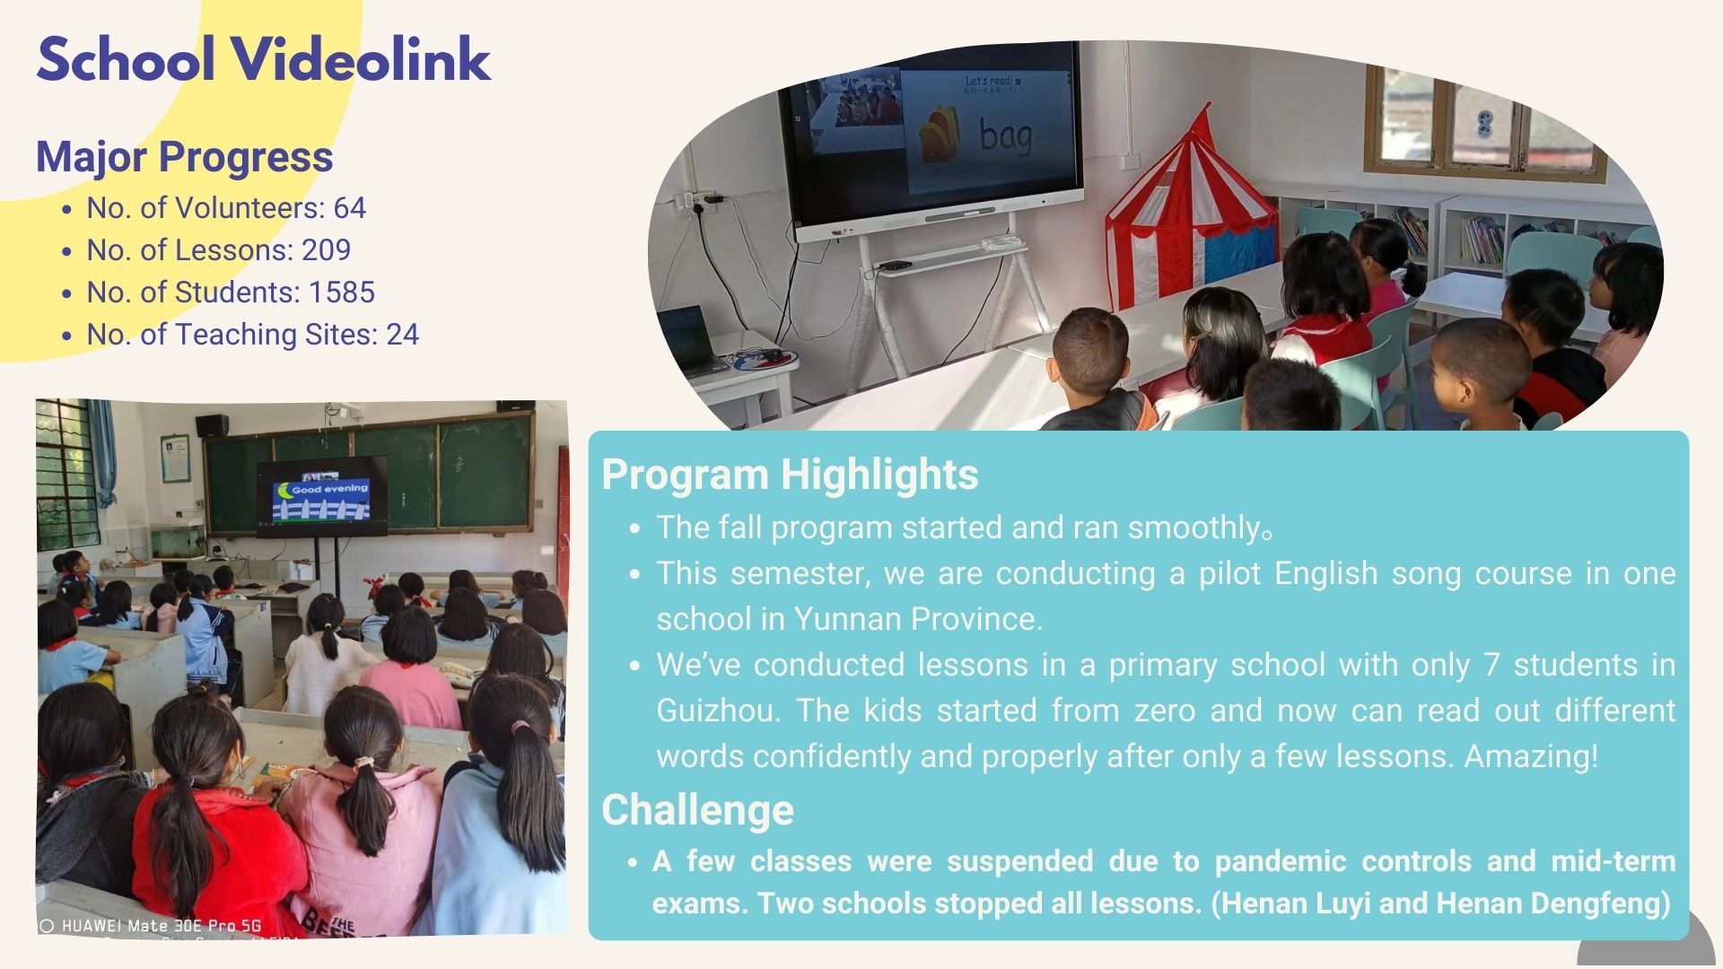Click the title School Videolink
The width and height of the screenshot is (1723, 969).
[264, 60]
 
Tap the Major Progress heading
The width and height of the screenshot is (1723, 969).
[184, 157]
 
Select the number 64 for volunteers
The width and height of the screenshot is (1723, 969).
[350, 208]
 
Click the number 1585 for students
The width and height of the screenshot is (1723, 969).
[342, 292]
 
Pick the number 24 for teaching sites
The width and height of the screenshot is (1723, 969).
[403, 335]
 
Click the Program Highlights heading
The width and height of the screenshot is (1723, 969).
[790, 474]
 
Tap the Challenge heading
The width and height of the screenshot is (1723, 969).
[697, 809]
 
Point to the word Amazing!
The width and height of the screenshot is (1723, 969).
[1531, 756]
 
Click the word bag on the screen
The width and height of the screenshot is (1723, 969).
[1005, 135]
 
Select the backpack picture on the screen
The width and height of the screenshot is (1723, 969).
[940, 134]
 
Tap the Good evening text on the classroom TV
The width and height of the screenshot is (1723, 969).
[329, 489]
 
